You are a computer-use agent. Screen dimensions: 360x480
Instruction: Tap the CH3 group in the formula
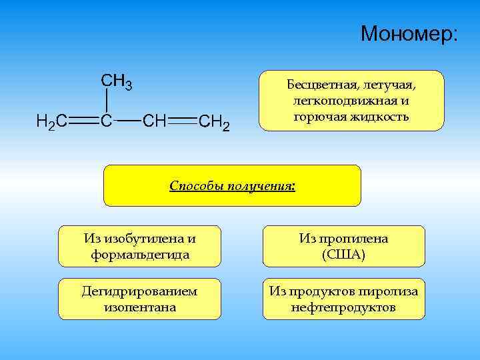pos(116,82)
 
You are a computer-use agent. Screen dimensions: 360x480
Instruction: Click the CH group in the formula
pos(155,121)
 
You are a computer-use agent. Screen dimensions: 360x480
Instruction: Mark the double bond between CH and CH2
pos(183,121)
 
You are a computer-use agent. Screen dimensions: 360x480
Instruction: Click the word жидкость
pos(383,117)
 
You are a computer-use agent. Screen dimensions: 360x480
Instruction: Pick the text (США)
pos(343,254)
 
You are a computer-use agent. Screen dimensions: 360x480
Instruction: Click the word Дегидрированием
pos(139,291)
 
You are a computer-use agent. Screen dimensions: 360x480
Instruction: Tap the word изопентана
pos(139,307)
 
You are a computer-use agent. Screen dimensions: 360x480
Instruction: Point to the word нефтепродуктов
pos(343,307)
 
